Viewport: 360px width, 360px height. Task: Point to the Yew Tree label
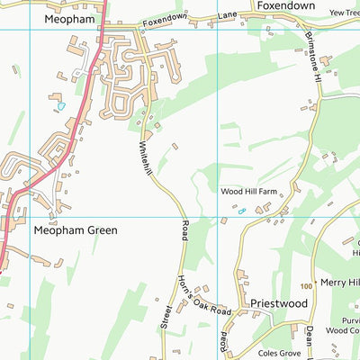click(345, 13)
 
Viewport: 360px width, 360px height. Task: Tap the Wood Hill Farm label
click(247, 192)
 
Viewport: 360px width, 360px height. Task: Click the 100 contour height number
click(309, 285)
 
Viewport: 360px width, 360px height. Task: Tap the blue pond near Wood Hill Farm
click(241, 211)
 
